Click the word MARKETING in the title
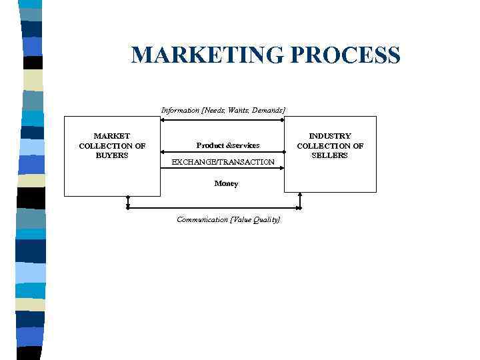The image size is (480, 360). tap(207, 55)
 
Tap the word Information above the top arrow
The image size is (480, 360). tap(180, 110)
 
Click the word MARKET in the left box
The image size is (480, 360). tap(111, 136)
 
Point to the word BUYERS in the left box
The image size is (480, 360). tap(111, 155)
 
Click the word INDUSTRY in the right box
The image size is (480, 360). tap(329, 136)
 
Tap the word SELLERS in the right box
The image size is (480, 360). tap(329, 155)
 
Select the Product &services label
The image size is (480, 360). tap(228, 145)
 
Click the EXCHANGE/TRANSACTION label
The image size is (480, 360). tap(223, 162)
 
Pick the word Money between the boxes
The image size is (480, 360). tap(226, 183)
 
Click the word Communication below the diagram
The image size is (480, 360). tap(202, 219)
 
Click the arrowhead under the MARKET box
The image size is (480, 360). tap(127, 199)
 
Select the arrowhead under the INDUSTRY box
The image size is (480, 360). tap(300, 195)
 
